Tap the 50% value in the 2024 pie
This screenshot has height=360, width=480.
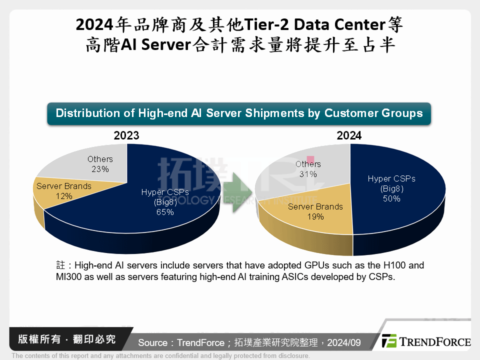(x=391, y=198)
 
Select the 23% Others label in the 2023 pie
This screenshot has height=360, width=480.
(x=100, y=169)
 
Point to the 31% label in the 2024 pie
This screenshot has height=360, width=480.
(x=308, y=174)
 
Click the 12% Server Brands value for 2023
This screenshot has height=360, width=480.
(x=64, y=196)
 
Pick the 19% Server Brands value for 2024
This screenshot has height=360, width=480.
(x=315, y=216)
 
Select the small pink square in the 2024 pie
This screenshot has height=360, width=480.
(x=310, y=158)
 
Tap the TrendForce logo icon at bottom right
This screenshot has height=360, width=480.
(x=389, y=341)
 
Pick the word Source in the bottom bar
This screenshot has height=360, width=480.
(x=153, y=342)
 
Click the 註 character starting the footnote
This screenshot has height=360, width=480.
(x=60, y=265)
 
